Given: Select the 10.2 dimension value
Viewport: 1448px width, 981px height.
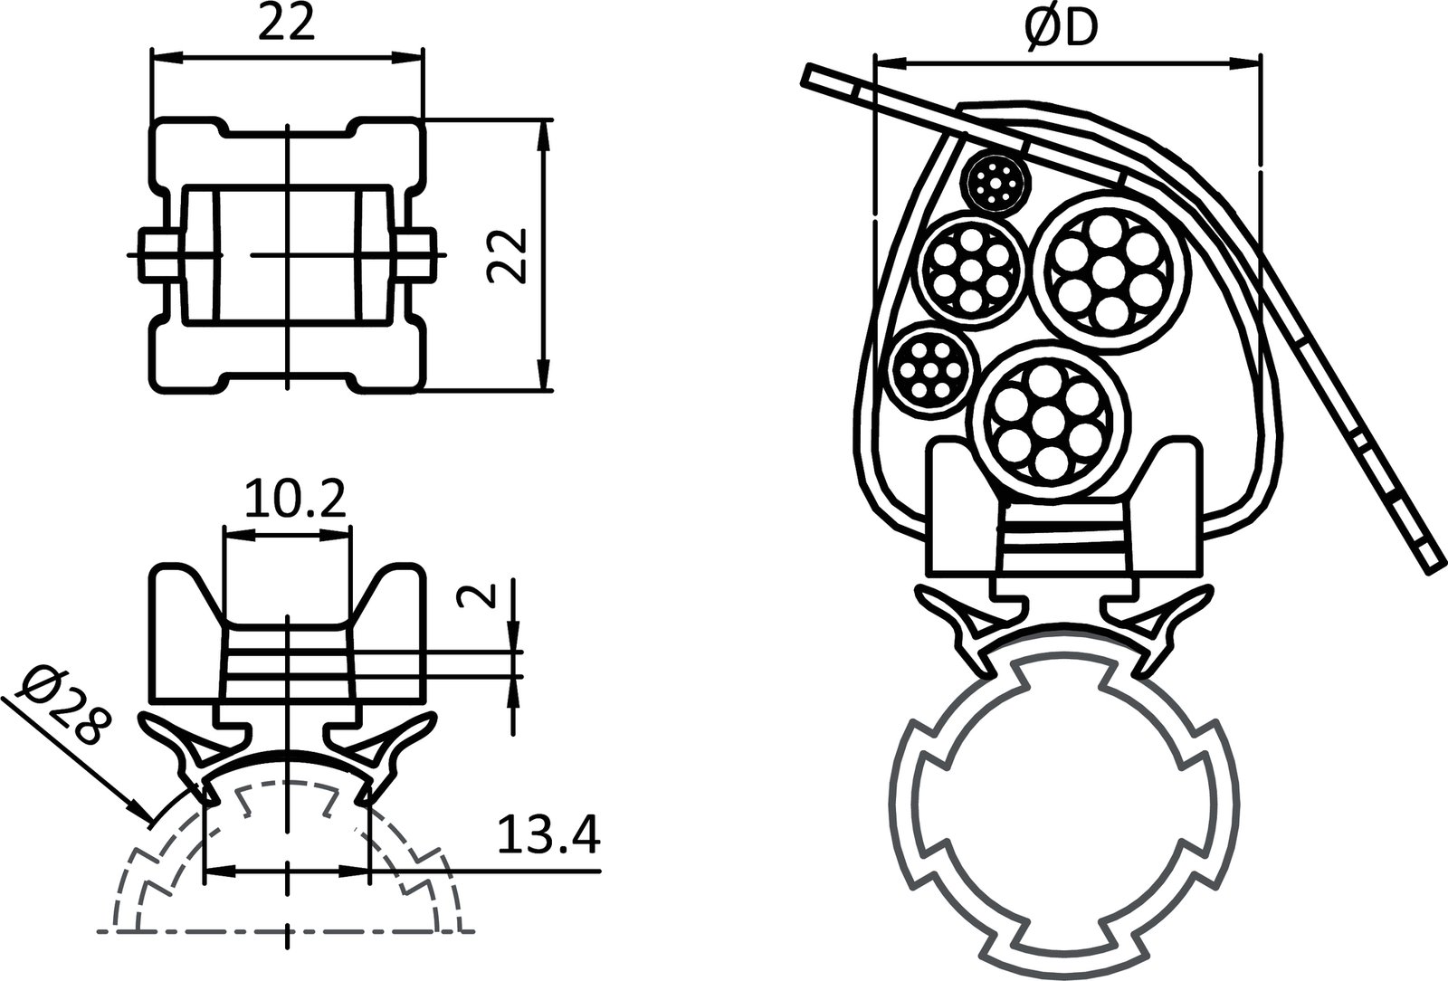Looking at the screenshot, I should (x=295, y=500).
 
